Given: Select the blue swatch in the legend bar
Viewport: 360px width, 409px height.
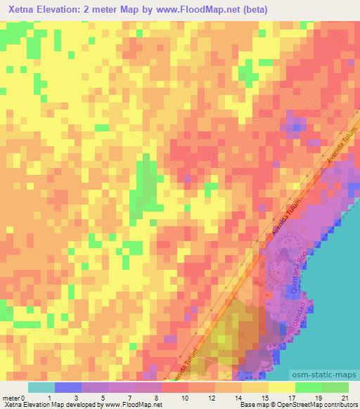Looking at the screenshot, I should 67,387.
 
